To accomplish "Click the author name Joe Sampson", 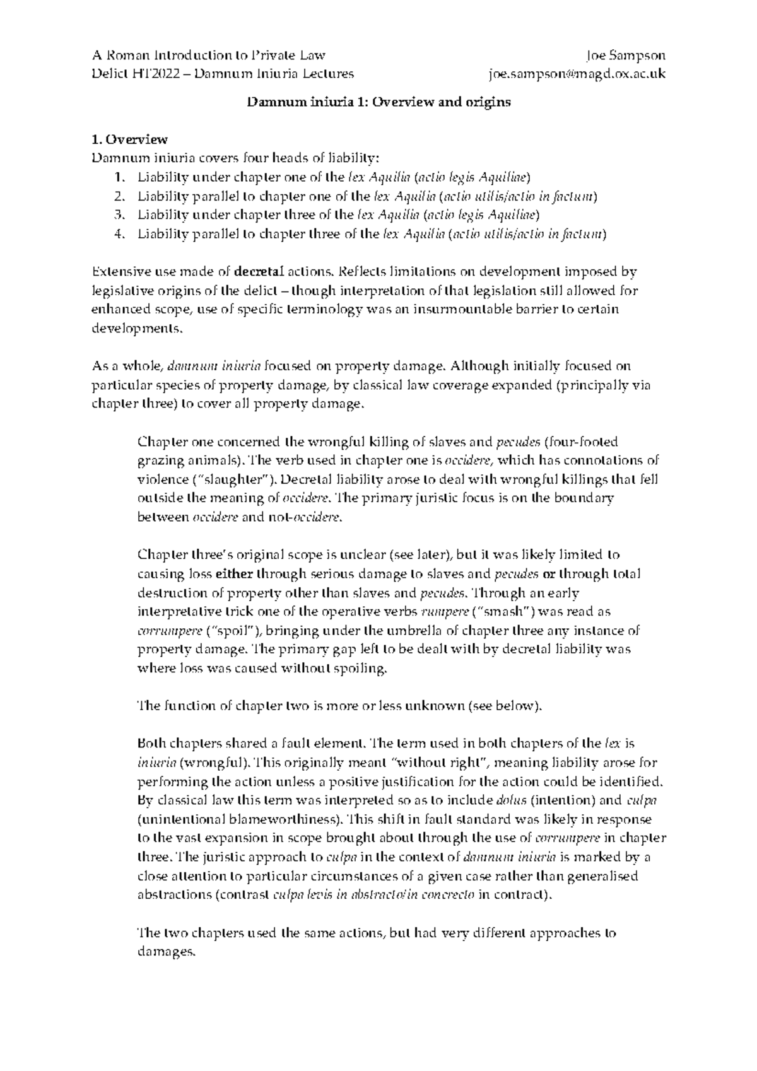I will point(626,56).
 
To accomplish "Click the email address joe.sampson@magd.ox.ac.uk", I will point(577,74).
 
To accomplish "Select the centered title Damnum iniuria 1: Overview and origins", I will point(378,102).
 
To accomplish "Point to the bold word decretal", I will point(259,272).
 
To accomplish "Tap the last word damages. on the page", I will point(163,952).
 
